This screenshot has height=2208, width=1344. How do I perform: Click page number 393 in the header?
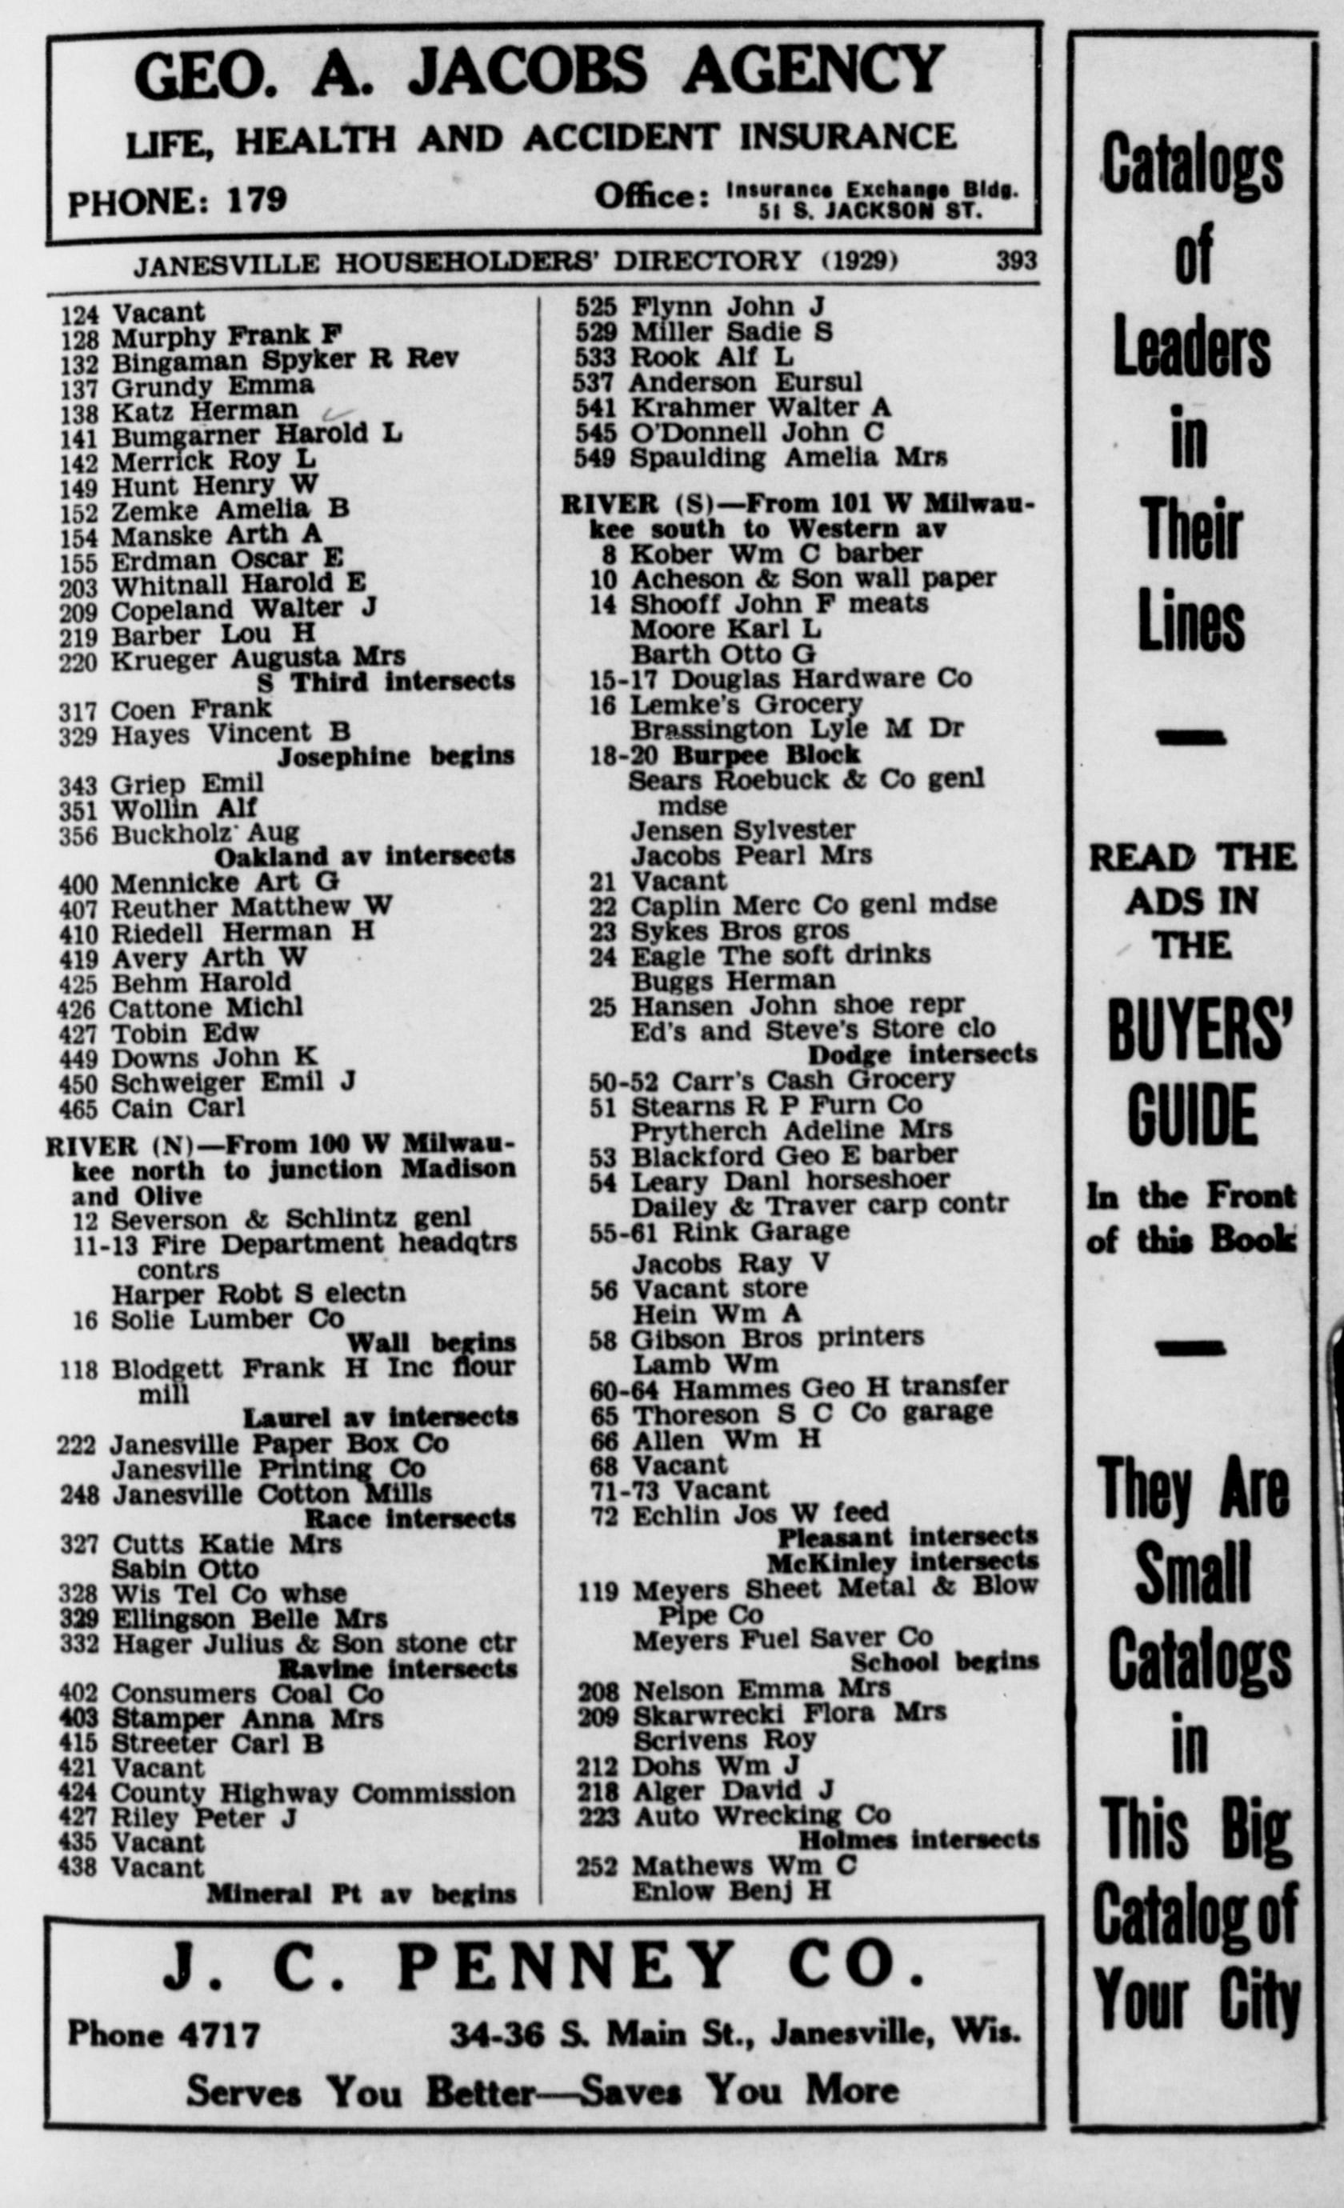pos(1016,261)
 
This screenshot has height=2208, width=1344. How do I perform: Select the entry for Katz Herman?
pos(204,410)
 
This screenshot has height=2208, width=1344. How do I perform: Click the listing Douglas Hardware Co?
pos(821,678)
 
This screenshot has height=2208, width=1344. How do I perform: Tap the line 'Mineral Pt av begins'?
pos(361,1894)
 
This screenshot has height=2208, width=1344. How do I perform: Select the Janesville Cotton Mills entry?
pos(271,1494)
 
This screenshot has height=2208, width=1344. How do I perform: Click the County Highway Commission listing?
pos(313,1793)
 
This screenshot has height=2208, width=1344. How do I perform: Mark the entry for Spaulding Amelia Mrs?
pos(789,457)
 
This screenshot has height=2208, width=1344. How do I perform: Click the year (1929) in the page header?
pos(859,261)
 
